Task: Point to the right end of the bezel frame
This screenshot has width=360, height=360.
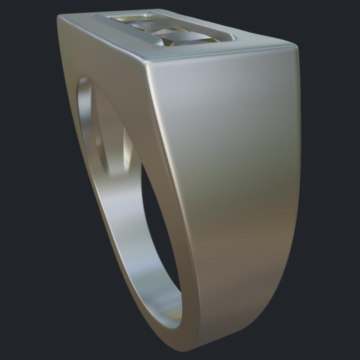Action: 232,36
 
